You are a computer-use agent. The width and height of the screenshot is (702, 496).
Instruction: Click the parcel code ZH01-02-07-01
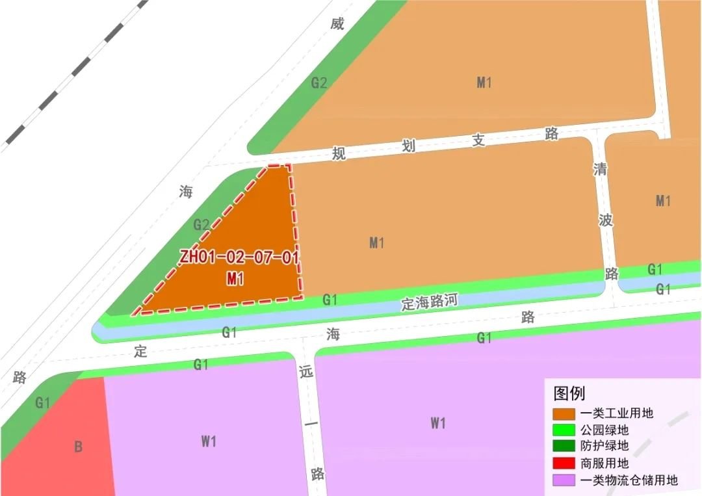[239, 257]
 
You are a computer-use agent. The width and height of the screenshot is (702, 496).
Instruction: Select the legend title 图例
[569, 393]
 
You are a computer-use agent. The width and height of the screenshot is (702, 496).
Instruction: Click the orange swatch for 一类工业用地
[564, 413]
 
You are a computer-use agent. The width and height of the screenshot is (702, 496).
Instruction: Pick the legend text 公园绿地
[605, 430]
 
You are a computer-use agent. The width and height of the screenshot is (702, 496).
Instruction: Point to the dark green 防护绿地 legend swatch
[564, 447]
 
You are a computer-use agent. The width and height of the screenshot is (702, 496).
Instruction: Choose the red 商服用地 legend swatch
[564, 463]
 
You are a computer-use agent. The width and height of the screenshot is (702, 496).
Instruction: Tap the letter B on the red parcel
[78, 447]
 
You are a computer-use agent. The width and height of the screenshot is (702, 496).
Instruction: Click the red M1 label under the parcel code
[235, 279]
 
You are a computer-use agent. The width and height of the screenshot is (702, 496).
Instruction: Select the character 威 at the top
[337, 25]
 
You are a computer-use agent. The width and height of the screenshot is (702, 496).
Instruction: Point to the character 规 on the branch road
[339, 153]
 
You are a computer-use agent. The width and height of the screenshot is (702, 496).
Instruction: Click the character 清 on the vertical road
[600, 169]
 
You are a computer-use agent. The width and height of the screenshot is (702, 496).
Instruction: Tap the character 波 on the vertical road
[606, 220]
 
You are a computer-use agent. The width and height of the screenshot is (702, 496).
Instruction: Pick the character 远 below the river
[307, 372]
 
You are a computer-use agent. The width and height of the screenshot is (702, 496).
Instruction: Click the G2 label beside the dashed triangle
[201, 226]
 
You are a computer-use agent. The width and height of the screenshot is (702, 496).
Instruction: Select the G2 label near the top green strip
[318, 83]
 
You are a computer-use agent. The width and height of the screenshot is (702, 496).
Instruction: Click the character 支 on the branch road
[479, 140]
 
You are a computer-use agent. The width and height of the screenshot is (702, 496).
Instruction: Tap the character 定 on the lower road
[140, 352]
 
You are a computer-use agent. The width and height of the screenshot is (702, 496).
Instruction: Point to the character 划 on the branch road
[408, 146]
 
